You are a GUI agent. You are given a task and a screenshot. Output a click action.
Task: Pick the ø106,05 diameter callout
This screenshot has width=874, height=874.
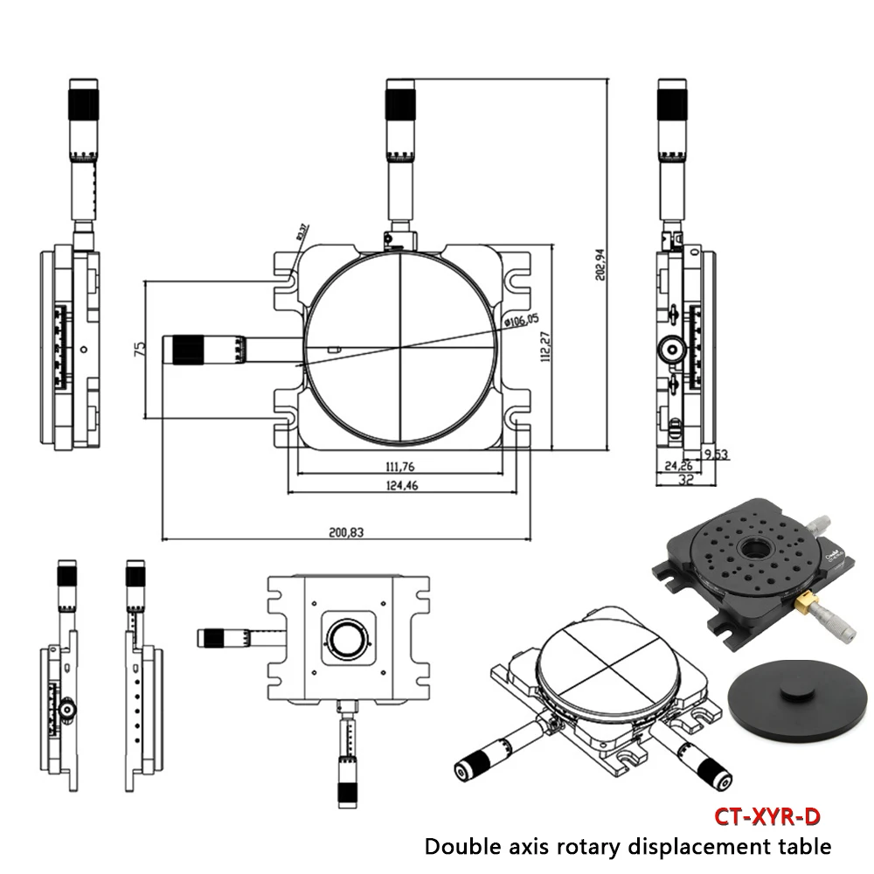tap(522, 320)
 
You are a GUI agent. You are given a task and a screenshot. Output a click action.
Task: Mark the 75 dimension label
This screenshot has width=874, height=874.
tap(138, 348)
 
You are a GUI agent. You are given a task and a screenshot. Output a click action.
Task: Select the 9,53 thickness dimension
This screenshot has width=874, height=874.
tap(716, 454)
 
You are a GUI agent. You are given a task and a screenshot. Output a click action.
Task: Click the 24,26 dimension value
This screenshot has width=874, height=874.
tap(677, 465)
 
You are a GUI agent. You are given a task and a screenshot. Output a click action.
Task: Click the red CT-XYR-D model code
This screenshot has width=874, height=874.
tap(767, 817)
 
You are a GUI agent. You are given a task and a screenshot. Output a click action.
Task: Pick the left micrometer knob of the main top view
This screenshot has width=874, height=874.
tap(186, 348)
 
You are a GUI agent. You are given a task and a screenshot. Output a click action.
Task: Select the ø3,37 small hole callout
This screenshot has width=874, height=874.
tap(300, 232)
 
